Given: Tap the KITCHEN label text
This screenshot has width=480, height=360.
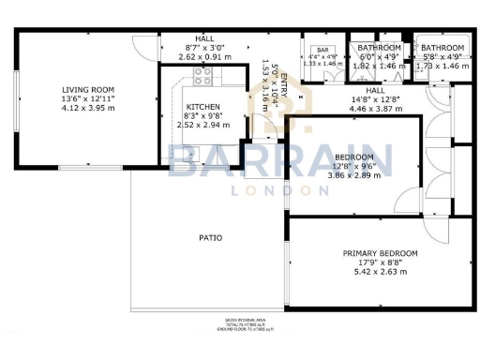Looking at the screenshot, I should click(202, 107).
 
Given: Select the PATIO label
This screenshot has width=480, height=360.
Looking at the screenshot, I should click(210, 238).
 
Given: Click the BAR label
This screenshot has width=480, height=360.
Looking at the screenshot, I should click(322, 50).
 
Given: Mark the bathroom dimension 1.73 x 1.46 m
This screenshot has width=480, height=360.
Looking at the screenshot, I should click(442, 67).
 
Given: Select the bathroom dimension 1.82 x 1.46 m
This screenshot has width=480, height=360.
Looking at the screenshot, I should click(378, 67).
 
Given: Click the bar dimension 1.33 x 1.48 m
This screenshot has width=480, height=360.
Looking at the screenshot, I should click(322, 64).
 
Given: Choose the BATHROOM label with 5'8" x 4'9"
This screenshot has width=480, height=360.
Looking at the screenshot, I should click(442, 48).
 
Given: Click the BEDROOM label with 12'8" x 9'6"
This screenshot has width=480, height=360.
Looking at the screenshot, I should click(354, 157).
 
